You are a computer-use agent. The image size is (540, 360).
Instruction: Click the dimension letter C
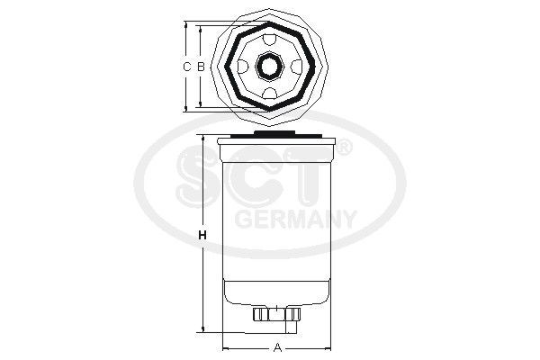[x=187, y=67]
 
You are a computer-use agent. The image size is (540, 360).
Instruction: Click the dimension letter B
[x=202, y=67]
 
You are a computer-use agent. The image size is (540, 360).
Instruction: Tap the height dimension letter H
[x=202, y=236]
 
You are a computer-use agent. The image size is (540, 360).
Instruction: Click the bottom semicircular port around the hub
[x=270, y=93]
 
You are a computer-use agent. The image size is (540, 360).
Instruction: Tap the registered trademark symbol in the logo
[x=344, y=145]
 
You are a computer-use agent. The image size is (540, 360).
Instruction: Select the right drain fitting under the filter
[x=293, y=315]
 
